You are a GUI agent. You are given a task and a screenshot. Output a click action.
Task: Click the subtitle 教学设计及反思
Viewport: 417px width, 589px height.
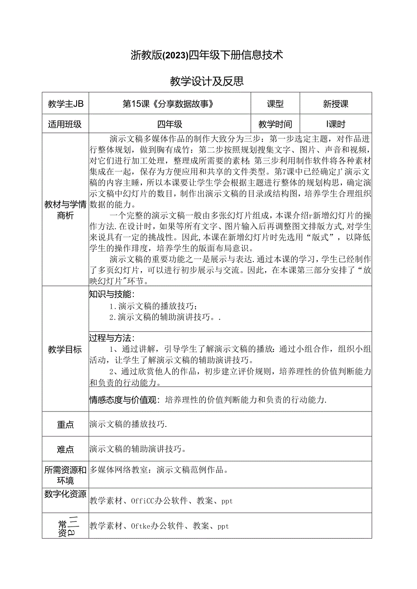tap(207, 81)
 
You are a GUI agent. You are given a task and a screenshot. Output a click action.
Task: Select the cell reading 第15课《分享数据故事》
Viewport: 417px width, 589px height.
tap(168, 104)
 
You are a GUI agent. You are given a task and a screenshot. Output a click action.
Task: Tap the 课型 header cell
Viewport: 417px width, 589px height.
tap(275, 104)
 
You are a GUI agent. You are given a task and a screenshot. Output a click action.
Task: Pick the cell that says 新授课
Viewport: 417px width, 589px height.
tap(336, 104)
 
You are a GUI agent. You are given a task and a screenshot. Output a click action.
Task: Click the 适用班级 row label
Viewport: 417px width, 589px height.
tap(65, 124)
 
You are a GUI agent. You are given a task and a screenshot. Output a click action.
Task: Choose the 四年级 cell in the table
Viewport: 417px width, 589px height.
tap(170, 124)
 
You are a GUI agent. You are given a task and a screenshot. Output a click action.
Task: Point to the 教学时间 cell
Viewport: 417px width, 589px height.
tap(275, 124)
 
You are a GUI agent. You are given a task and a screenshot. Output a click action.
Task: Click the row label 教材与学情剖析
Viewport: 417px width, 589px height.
tap(65, 210)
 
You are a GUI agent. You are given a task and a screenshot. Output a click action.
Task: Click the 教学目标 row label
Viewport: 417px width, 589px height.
tap(65, 350)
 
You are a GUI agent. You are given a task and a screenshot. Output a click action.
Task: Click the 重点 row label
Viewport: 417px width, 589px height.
tap(65, 425)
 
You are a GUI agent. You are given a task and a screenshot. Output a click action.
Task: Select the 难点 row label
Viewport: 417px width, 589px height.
tap(65, 450)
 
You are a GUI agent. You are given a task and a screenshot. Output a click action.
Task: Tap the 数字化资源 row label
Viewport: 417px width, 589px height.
tap(65, 494)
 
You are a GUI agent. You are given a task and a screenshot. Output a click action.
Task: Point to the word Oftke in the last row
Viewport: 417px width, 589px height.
tap(141, 526)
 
